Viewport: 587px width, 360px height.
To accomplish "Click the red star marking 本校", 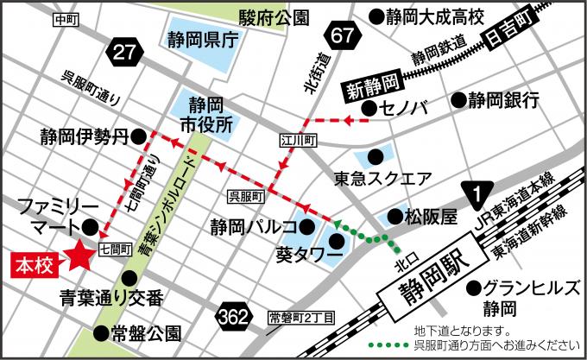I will point(80,255).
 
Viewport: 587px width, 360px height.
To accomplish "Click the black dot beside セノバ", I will point(369,108).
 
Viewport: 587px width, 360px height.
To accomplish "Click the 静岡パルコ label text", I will point(245,228).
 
